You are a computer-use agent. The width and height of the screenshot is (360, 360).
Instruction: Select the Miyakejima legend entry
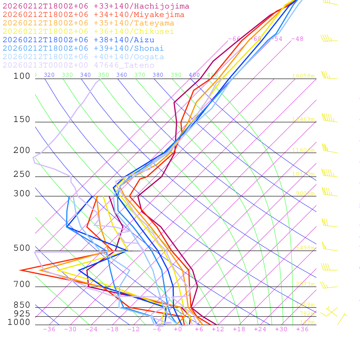(93, 15)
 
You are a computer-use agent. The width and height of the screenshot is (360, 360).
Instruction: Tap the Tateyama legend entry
(88, 23)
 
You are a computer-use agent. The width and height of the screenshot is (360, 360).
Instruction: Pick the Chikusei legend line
(88, 32)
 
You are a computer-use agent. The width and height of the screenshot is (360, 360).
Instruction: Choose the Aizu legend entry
(78, 40)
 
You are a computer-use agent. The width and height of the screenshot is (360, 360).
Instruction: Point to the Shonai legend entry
(83, 49)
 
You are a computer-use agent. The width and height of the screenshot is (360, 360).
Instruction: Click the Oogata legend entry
(83, 57)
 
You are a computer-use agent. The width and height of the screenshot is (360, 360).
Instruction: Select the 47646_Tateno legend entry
(78, 65)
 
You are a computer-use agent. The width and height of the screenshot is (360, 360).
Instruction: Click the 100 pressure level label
(22, 76)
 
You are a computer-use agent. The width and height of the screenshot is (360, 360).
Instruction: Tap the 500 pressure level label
(22, 248)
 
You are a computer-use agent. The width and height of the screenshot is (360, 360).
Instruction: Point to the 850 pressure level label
(22, 305)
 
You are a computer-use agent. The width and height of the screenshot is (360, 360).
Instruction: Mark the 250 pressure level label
(22, 174)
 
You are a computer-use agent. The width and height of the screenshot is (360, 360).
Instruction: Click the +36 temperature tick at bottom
(302, 329)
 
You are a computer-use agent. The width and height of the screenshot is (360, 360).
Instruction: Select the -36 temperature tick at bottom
(49, 329)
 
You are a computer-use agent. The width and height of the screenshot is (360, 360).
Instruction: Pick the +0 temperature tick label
(178, 329)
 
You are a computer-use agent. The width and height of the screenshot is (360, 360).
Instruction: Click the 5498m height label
(305, 248)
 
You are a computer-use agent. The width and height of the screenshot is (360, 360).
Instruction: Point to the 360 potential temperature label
(122, 75)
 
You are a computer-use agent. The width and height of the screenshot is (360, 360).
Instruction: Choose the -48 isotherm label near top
(297, 39)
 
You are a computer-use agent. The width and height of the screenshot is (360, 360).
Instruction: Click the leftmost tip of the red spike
(20, 270)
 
